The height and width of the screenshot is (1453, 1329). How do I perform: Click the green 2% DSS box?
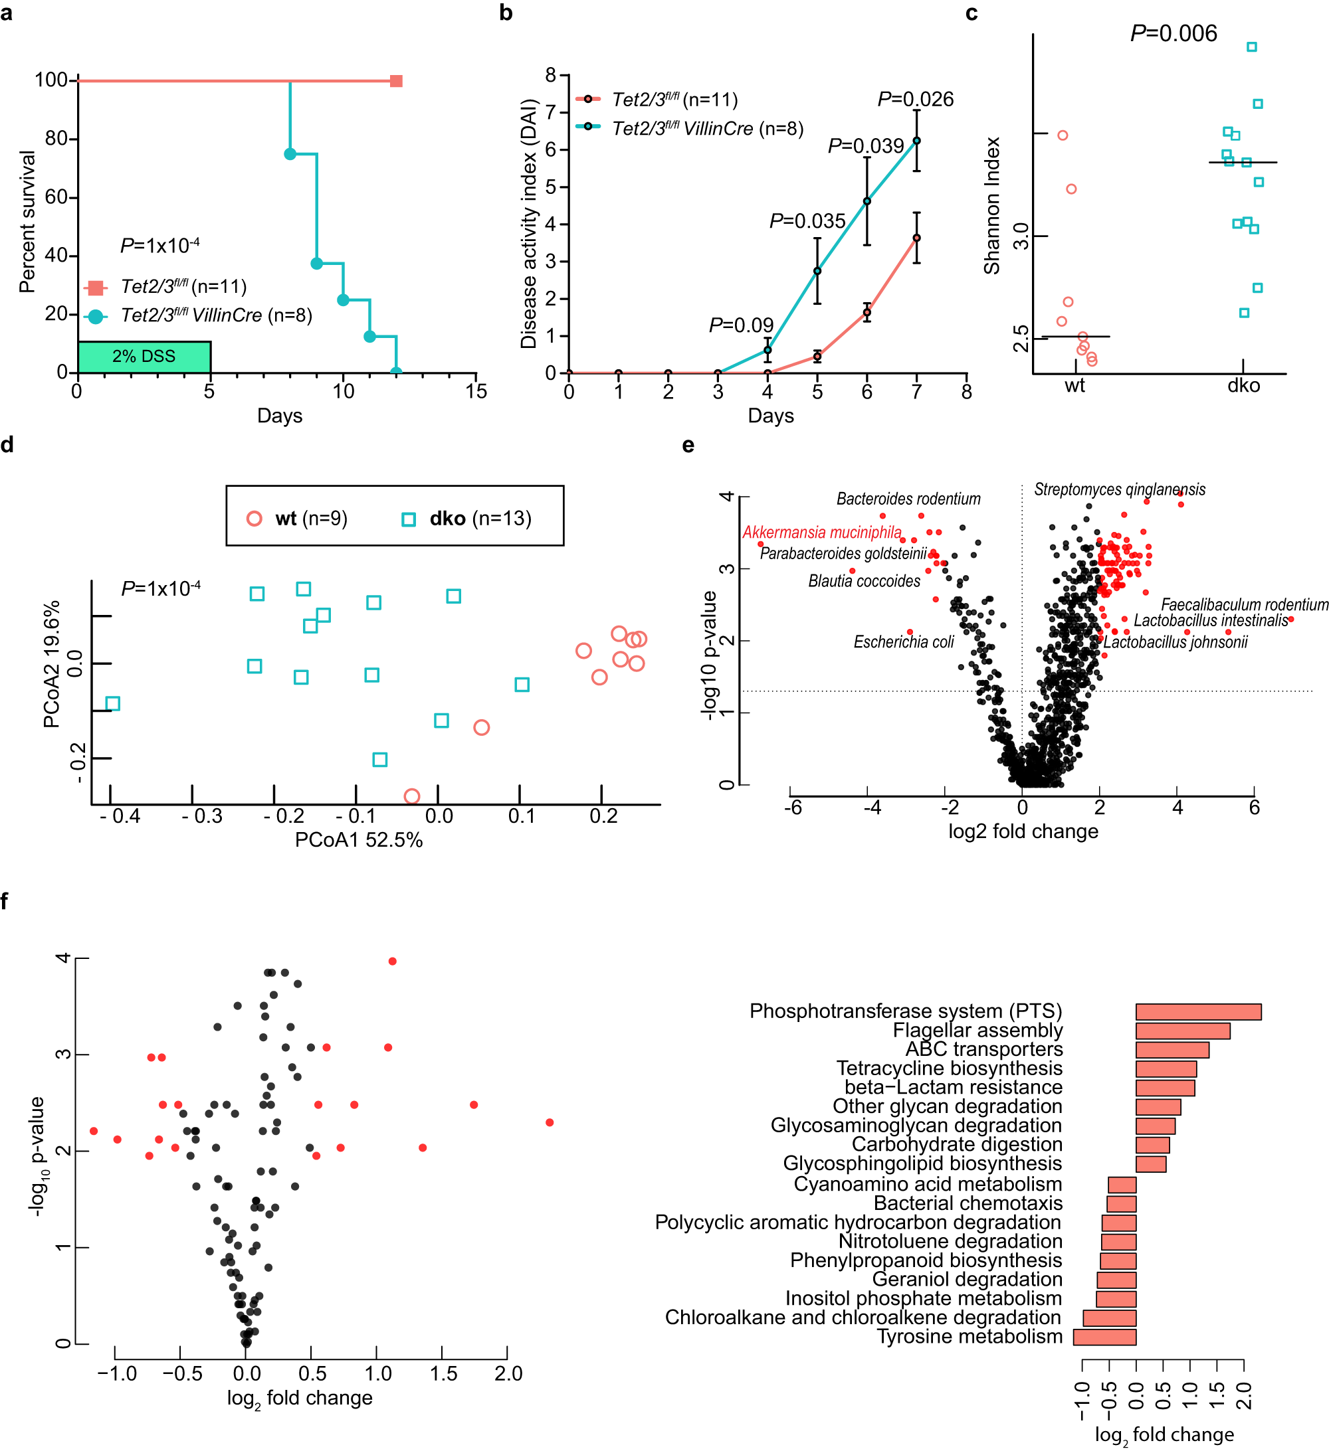pyautogui.click(x=144, y=357)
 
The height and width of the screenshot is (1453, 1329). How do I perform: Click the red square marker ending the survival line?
pyautogui.click(x=396, y=81)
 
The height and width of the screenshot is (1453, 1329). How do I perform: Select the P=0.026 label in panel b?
pyautogui.click(x=915, y=100)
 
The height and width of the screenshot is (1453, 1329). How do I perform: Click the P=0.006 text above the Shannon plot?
pyautogui.click(x=1174, y=33)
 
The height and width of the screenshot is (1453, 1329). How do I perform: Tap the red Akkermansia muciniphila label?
pyautogui.click(x=821, y=533)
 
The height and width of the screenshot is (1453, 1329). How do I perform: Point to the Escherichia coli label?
pyautogui.click(x=903, y=642)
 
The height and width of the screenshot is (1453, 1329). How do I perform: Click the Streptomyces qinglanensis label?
pyautogui.click(x=1119, y=489)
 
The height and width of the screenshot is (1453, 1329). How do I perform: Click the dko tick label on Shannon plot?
pyautogui.click(x=1243, y=386)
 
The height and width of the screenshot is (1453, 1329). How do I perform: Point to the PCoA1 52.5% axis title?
pyautogui.click(x=358, y=839)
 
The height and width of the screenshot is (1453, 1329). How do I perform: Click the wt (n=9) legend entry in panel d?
pyautogui.click(x=297, y=518)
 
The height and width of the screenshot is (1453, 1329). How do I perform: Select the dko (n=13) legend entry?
pyautogui.click(x=466, y=518)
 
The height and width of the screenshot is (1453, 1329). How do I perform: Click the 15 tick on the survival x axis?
pyautogui.click(x=476, y=391)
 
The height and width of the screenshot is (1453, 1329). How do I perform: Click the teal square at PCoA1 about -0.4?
pyautogui.click(x=112, y=703)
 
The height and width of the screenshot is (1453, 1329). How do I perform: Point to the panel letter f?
pyautogui.click(x=7, y=901)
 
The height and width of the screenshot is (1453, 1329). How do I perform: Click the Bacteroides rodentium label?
pyautogui.click(x=908, y=499)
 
